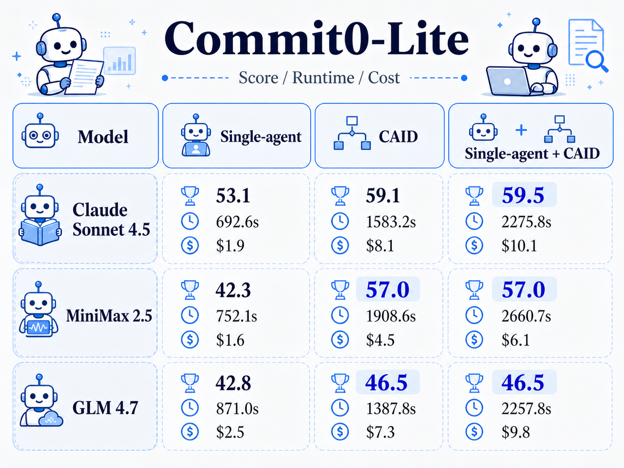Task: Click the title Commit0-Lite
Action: [316, 38]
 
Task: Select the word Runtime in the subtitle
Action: [324, 78]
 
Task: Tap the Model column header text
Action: [103, 137]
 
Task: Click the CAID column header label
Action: [398, 137]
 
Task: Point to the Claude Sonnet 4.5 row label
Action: [111, 219]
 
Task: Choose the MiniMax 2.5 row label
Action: [109, 316]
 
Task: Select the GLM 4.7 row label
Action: [105, 408]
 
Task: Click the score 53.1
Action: [233, 196]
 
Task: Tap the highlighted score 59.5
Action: [523, 195]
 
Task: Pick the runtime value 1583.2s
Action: [390, 222]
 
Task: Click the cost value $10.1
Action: [519, 246]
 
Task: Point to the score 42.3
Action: [233, 290]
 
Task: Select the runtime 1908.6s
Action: [390, 316]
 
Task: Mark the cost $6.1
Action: [516, 340]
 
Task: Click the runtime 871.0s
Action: [237, 409]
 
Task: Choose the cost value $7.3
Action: [381, 432]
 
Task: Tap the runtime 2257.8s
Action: [526, 409]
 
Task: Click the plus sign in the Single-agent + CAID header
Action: [521, 130]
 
